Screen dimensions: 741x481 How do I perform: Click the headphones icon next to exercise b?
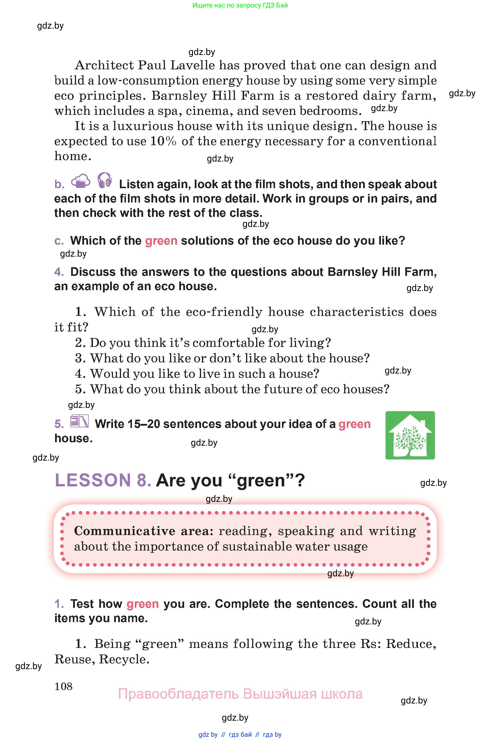coord(104,180)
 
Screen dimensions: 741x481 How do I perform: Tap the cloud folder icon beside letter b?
coord(80,181)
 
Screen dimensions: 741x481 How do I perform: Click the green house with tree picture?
coord(410,435)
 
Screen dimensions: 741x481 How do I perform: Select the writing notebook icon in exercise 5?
coord(79,422)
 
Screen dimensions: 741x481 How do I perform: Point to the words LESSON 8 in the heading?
coord(103,480)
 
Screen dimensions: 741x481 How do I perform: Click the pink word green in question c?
coord(161,241)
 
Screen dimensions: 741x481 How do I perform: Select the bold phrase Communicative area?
coord(143,531)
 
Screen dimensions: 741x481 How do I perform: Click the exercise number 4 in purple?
coord(59,272)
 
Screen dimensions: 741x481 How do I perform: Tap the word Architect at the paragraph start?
coord(104,65)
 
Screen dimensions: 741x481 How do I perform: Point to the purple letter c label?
coord(59,241)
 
